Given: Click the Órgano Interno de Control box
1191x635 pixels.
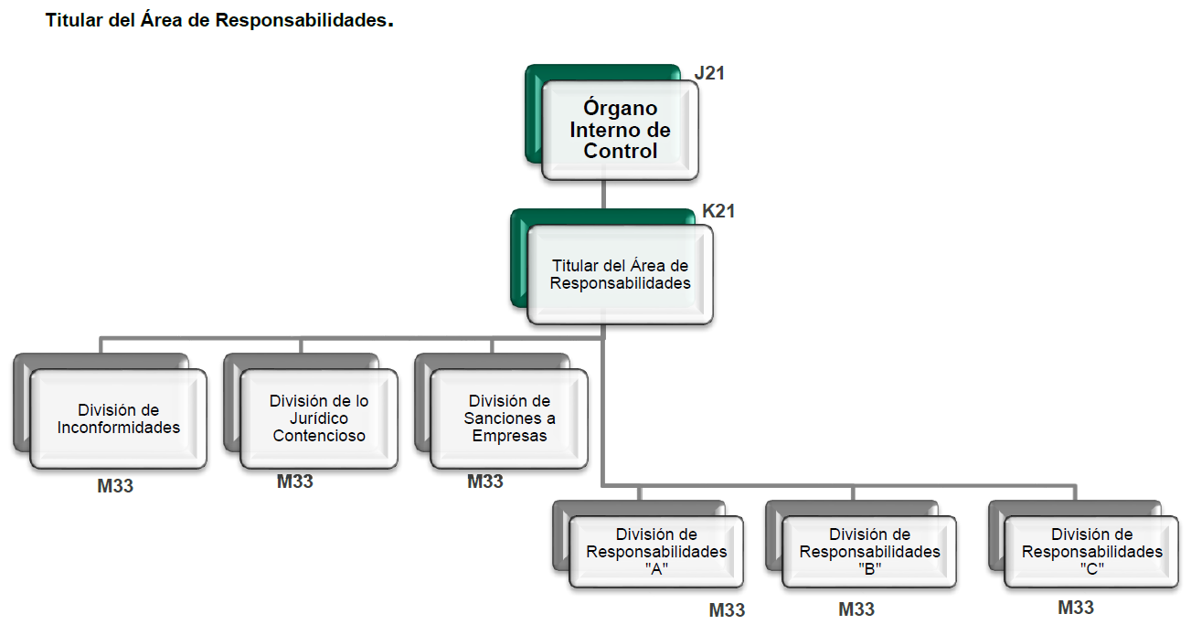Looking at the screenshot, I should pyautogui.click(x=620, y=130).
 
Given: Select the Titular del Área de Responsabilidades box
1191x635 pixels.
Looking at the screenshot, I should pyautogui.click(x=620, y=274).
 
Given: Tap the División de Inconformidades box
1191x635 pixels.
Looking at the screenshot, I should pyautogui.click(x=118, y=418).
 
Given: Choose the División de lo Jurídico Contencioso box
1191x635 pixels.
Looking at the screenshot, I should pyautogui.click(x=318, y=418).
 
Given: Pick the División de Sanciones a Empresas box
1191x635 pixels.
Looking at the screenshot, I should pyautogui.click(x=509, y=418).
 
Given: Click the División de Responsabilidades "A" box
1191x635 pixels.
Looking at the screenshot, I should pyautogui.click(x=656, y=552).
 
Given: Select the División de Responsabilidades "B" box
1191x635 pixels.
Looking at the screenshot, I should pyautogui.click(x=869, y=552).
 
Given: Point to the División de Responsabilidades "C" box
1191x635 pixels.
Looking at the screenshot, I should pyautogui.click(x=1091, y=552).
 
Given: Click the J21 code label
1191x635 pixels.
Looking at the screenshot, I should pyautogui.click(x=709, y=73).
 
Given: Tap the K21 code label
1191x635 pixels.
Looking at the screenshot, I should pyautogui.click(x=718, y=211).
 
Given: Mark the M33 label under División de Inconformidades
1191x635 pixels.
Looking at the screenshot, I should pyautogui.click(x=115, y=486).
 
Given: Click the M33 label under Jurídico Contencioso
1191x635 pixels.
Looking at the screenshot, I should pyautogui.click(x=294, y=481).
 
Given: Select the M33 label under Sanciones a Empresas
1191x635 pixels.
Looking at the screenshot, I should pyautogui.click(x=484, y=481).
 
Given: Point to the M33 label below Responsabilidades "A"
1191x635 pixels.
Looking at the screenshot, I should pyautogui.click(x=727, y=610).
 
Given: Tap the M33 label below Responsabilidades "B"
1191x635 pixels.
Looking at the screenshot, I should pyautogui.click(x=856, y=609).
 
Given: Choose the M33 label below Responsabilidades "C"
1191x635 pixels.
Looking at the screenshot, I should pyautogui.click(x=1076, y=607).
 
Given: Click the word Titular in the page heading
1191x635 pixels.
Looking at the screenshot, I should pyautogui.click(x=72, y=20).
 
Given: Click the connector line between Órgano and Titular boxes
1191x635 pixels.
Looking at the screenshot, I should pyautogui.click(x=603, y=195).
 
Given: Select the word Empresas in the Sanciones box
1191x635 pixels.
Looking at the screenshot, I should pyautogui.click(x=509, y=436).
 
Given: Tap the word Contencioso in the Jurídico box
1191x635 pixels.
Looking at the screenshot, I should pyautogui.click(x=319, y=436).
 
